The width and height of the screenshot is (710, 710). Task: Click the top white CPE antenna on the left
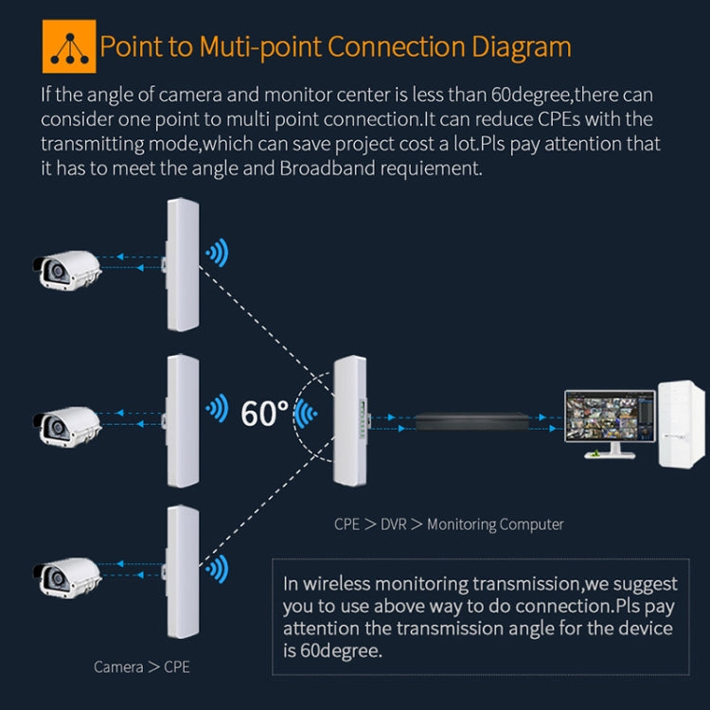(183, 264)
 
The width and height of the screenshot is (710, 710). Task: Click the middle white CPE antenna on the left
(183, 420)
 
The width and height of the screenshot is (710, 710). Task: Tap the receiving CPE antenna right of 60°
(348, 420)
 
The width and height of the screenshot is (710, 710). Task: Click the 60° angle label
(264, 413)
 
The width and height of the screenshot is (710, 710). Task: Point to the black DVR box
(468, 418)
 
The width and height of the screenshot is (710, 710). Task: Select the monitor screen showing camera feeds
(610, 417)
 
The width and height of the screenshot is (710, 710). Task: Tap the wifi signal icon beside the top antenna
(218, 253)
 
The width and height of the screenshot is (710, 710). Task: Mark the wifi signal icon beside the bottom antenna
(218, 570)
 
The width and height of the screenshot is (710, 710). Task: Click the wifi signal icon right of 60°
(305, 413)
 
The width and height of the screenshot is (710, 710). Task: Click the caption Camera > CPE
(142, 666)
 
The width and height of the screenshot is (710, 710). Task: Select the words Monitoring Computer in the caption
(495, 524)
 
